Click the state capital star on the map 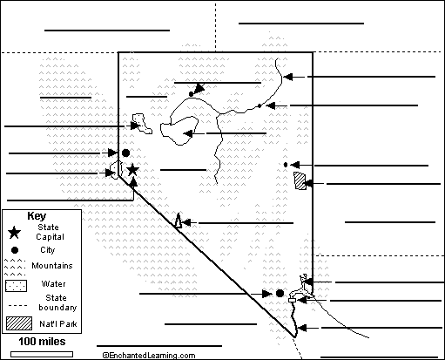point(132,170)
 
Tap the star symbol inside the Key point(14,233)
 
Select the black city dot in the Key point(15,250)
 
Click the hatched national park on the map point(300,180)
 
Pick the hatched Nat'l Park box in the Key point(19,323)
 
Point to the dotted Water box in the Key point(16,286)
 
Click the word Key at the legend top point(37,216)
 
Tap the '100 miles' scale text point(42,342)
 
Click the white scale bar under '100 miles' point(42,354)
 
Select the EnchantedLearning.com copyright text point(149,355)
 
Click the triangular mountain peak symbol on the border point(178,221)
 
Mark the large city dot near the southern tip point(280,294)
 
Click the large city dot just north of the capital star point(125,153)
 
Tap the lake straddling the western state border point(116,169)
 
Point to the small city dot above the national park point(286,165)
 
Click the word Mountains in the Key point(52,266)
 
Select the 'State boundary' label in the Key point(57,302)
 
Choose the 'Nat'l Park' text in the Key point(58,323)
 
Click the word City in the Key point(48,250)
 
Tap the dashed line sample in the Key point(17,305)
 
